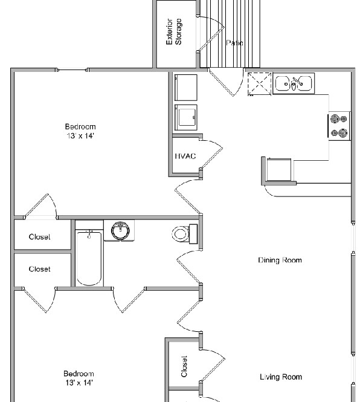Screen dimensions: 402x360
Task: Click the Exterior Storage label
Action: pos(174,32)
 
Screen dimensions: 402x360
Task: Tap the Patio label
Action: pos(234,43)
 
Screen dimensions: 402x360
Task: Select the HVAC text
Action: pos(185,156)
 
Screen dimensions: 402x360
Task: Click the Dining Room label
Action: pos(280,261)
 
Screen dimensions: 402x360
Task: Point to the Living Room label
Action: pos(281,377)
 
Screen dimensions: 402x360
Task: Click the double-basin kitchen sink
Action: pos(294,83)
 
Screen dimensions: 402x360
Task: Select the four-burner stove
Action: pos(339,126)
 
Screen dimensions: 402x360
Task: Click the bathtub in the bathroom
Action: pos(89,258)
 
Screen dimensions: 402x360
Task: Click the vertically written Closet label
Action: pos(184,366)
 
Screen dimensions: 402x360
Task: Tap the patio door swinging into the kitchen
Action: pos(224,83)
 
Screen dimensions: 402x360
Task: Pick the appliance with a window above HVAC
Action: pos(185,118)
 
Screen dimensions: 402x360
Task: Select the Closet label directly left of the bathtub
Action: pos(40,269)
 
